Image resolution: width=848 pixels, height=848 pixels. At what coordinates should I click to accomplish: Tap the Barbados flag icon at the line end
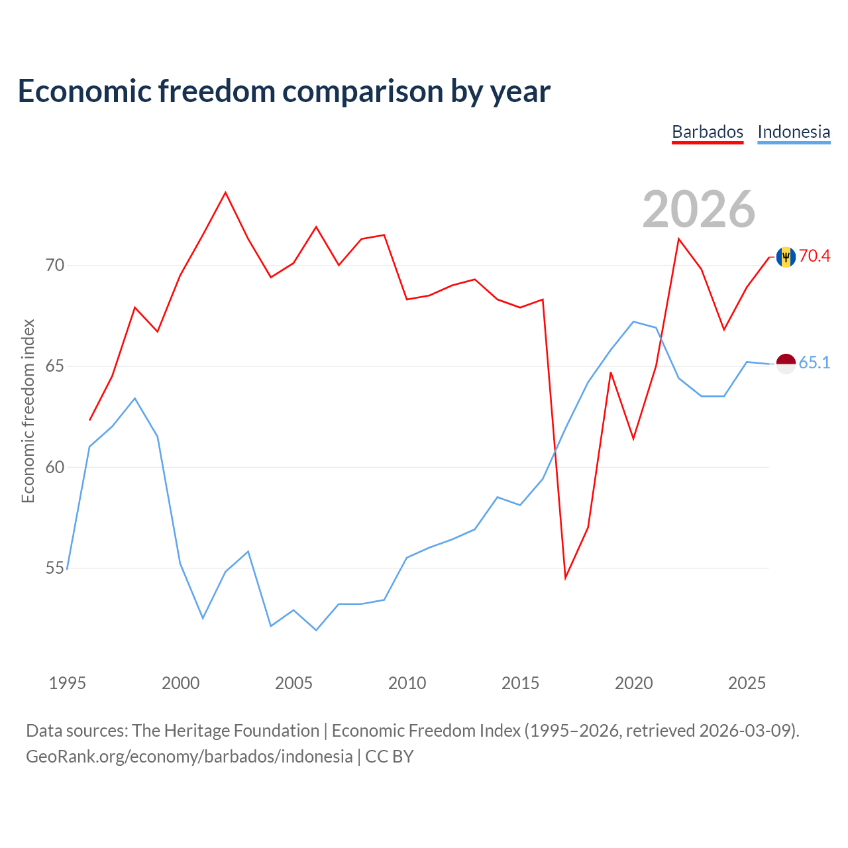(x=786, y=257)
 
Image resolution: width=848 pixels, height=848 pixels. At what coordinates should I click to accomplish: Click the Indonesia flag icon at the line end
(x=786, y=364)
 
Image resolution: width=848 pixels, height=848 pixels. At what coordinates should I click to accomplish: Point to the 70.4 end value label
(x=814, y=256)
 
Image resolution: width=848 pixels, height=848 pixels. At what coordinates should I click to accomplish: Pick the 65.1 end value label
(x=814, y=362)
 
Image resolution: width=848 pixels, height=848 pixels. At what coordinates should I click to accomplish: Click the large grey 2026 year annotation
(x=699, y=209)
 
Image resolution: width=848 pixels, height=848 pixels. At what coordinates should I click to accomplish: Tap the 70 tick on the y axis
(x=54, y=266)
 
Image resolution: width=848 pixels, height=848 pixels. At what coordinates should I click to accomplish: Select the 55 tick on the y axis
(x=54, y=568)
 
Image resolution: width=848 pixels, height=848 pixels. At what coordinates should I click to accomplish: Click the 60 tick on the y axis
(x=54, y=467)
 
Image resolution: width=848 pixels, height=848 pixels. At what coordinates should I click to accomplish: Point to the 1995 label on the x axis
(x=68, y=684)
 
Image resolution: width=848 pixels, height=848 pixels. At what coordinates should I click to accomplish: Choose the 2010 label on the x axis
(x=407, y=684)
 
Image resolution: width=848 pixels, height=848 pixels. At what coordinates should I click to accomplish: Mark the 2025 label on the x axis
(x=747, y=684)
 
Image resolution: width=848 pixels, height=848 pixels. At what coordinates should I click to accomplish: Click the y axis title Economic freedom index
(x=28, y=411)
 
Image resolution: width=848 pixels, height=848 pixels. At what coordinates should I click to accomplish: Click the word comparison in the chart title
(x=362, y=91)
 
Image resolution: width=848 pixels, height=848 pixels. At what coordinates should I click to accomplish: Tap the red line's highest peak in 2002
(x=225, y=192)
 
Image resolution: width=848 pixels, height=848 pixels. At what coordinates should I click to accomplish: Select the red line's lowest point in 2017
(x=566, y=578)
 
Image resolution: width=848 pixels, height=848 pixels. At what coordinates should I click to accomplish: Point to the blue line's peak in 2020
(x=633, y=322)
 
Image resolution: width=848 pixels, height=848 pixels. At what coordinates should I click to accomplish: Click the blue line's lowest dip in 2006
(x=316, y=630)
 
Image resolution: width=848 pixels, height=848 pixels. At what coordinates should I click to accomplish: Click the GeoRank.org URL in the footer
(x=189, y=757)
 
